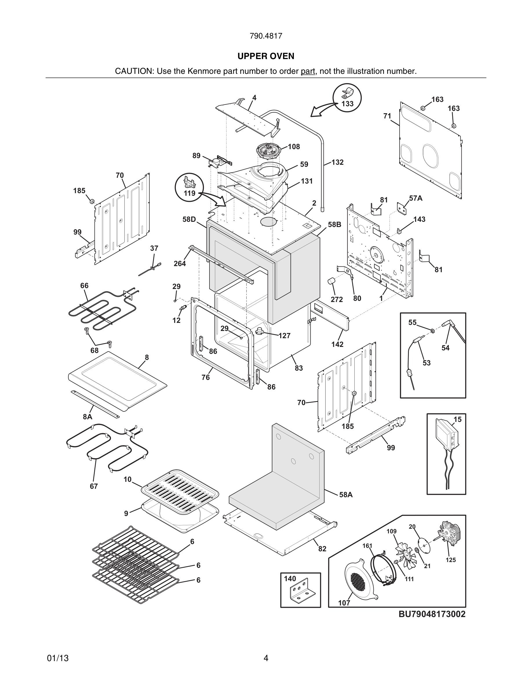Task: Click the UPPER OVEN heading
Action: [266, 56]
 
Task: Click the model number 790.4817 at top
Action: [266, 36]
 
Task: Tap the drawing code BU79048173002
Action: [432, 614]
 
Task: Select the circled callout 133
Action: [347, 98]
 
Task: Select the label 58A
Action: [346, 495]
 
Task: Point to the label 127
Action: [284, 336]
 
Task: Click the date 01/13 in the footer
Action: [58, 658]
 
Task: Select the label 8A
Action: [88, 417]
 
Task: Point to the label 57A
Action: [416, 198]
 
